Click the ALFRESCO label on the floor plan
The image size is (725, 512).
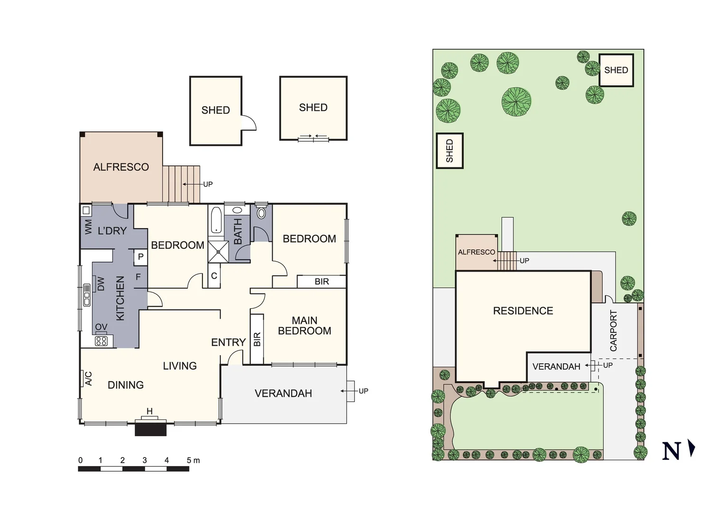(x=121, y=167)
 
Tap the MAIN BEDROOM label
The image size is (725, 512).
(x=304, y=326)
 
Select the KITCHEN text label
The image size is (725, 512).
(x=120, y=299)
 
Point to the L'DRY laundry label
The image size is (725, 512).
(x=112, y=231)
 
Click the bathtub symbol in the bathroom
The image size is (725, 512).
(x=216, y=220)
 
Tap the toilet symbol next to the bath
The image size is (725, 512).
(x=261, y=212)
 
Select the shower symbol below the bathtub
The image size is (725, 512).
(x=218, y=252)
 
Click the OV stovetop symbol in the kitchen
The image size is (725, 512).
(x=101, y=340)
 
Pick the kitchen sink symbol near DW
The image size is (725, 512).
(x=87, y=295)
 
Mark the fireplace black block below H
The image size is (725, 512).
(x=151, y=429)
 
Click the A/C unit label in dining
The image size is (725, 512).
(x=88, y=378)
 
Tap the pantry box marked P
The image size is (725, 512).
(x=141, y=257)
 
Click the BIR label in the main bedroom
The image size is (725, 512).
(x=257, y=339)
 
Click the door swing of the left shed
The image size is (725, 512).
(x=248, y=123)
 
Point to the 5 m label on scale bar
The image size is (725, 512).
(x=193, y=460)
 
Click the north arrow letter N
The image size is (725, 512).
(x=671, y=451)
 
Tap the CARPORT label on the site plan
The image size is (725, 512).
(x=614, y=331)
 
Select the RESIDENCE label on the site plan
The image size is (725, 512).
(x=523, y=311)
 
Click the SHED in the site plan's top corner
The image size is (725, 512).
(x=616, y=70)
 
